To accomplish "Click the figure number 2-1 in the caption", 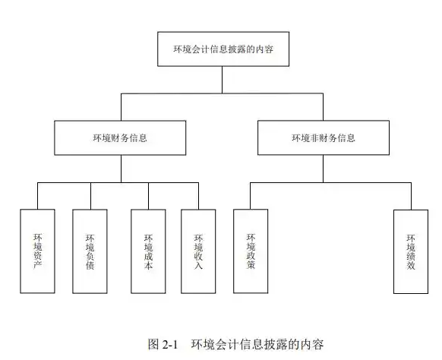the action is point(170,345).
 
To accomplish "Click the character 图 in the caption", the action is point(153,344).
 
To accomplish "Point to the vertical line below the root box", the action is point(222,80).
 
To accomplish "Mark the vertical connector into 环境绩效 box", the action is point(411,196).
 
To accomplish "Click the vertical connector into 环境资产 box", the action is point(37,196).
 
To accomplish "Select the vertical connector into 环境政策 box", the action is point(251,196).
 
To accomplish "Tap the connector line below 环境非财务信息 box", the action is point(323,169).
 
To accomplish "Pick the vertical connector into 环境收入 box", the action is point(198,196).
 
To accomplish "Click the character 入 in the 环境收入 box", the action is point(198,265).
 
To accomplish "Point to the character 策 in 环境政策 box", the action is point(251,265).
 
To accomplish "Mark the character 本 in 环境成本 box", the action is point(149,265).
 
